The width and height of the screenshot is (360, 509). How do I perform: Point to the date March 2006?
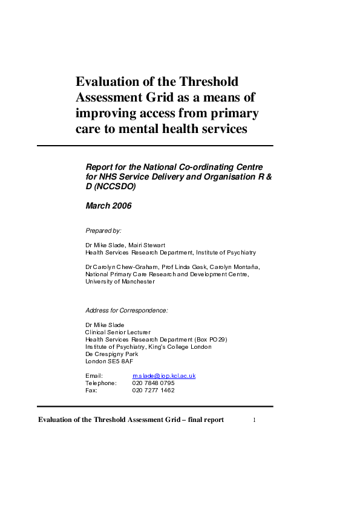[x=108, y=206]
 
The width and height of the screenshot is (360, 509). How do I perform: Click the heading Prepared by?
[x=103, y=230]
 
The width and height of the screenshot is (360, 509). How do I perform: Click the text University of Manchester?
[x=120, y=281]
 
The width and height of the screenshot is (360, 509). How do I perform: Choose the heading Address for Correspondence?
[x=126, y=310]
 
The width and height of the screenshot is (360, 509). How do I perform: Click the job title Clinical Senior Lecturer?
[x=117, y=332]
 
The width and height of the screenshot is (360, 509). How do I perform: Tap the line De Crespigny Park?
[x=112, y=354]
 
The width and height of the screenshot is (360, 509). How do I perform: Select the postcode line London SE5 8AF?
[x=109, y=361]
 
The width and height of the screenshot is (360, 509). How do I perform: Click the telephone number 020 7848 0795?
[x=153, y=383]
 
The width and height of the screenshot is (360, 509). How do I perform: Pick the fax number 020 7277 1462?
[x=153, y=391]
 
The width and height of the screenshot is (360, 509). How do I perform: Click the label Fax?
[x=91, y=391]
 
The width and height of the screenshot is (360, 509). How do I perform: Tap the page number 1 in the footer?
[x=255, y=420]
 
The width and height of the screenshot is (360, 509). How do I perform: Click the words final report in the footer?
[x=207, y=420]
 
